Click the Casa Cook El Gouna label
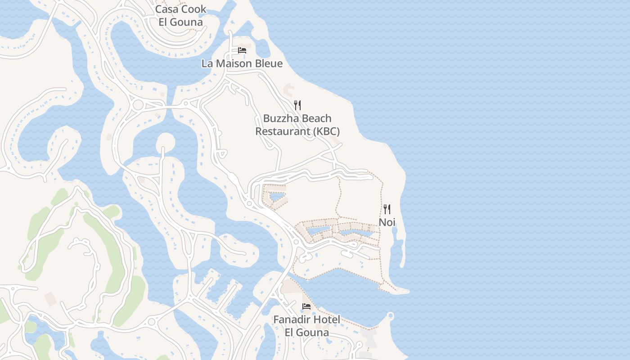[x=180, y=15]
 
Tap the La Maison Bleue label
[x=242, y=63]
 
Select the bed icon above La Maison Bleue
[x=242, y=50]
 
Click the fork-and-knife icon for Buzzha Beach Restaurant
[x=297, y=105]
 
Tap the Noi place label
[x=387, y=222]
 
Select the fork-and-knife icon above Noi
[x=387, y=209]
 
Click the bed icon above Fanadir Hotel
[x=306, y=306]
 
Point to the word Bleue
[x=269, y=63]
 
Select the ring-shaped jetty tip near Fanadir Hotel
[x=390, y=316]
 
